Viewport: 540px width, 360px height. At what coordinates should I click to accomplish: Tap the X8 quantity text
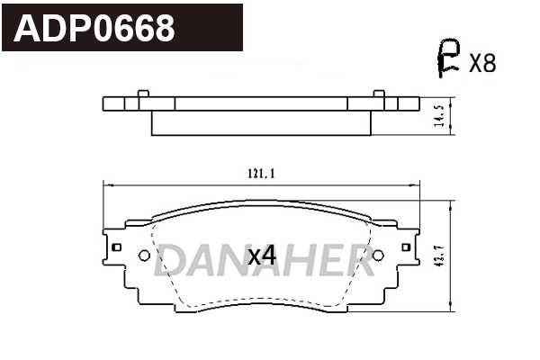[x=482, y=62]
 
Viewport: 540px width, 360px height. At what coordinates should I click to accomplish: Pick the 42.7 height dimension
[x=438, y=256]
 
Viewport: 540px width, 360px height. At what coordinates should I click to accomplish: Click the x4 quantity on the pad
[x=261, y=256]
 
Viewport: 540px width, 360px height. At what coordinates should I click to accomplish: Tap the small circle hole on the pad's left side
[x=143, y=255]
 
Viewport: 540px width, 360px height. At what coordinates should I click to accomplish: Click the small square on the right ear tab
[x=405, y=246]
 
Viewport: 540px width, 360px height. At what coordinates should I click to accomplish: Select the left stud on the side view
[x=141, y=93]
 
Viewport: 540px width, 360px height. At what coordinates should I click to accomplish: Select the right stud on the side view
[x=379, y=93]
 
